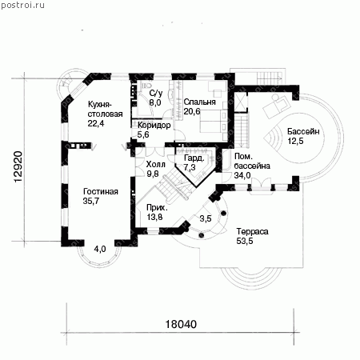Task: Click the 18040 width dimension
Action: click(181, 324)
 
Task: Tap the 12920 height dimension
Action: click(18, 167)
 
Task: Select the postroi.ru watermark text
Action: click(22, 5)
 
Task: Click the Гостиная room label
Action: click(101, 191)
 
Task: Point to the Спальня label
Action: click(200, 102)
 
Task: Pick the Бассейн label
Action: click(303, 131)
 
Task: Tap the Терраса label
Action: click(252, 231)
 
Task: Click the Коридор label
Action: click(154, 125)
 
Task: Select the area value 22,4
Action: click(96, 123)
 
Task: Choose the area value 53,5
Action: click(245, 241)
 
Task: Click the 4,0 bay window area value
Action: click(100, 249)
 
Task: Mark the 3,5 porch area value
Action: click(206, 218)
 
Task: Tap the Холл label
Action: click(156, 164)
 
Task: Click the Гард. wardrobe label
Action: click(194, 158)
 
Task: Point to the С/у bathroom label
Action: click(156, 93)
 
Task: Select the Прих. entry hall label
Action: click(157, 207)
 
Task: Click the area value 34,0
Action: click(242, 175)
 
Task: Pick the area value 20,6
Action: click(192, 111)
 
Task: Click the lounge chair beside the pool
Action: click(276, 106)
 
